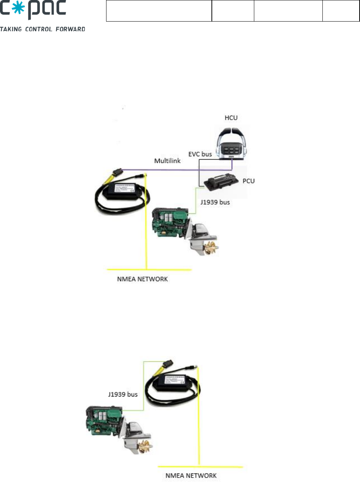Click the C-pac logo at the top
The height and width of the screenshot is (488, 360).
click(x=33, y=10)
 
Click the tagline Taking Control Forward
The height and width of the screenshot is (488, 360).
click(x=42, y=29)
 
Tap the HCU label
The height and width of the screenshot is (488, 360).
click(x=231, y=118)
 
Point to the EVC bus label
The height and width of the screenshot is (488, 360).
click(x=200, y=154)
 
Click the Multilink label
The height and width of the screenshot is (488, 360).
click(x=167, y=161)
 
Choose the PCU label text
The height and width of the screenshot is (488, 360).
click(x=248, y=181)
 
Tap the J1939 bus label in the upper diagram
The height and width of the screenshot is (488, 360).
click(x=215, y=202)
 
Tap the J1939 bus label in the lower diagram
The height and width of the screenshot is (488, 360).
click(x=123, y=394)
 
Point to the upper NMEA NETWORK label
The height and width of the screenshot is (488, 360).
click(x=142, y=279)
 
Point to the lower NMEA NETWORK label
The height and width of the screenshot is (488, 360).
click(x=191, y=476)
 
